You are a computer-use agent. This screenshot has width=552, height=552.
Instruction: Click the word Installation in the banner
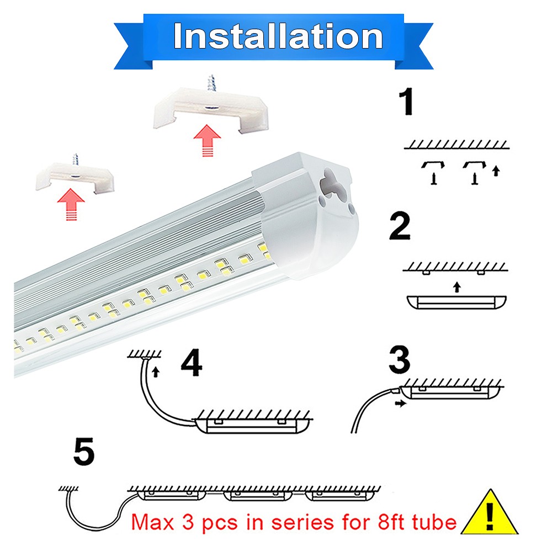click(x=278, y=36)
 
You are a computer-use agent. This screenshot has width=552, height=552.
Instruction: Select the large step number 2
click(x=400, y=227)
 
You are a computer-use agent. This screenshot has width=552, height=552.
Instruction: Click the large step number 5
click(x=84, y=452)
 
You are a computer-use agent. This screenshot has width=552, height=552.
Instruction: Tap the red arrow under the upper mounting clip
click(x=208, y=140)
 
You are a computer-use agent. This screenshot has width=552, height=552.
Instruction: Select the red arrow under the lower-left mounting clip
click(x=70, y=204)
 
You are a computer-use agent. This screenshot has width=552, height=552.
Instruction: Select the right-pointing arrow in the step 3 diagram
click(x=401, y=404)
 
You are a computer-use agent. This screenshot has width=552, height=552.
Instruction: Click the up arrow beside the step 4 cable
click(x=156, y=371)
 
